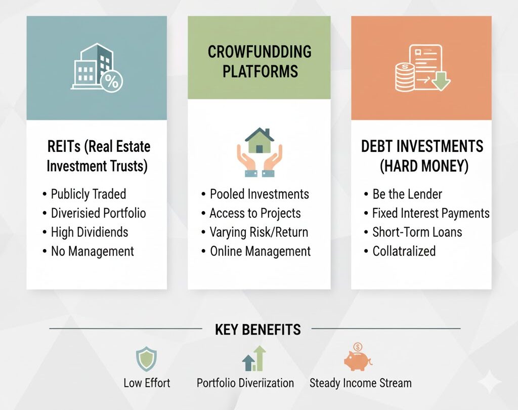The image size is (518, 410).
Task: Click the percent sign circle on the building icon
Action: click(111, 81)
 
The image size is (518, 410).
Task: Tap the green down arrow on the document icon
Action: click(441, 81)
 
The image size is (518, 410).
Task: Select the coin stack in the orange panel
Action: click(405, 78)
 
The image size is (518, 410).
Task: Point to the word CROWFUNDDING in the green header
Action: click(260, 52)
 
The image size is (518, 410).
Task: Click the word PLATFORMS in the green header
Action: click(260, 71)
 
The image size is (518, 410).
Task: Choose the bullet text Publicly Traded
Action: click(88, 194)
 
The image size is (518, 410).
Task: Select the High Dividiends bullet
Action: click(89, 232)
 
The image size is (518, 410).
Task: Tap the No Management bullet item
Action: click(92, 251)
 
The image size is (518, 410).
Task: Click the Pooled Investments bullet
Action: click(260, 194)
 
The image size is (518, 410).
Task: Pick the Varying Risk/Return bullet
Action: click(258, 232)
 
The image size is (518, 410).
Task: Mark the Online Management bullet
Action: click(261, 251)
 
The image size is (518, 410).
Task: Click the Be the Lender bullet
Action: click(407, 194)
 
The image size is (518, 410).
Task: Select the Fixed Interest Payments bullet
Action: click(431, 213)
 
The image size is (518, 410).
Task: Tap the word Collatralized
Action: click(404, 251)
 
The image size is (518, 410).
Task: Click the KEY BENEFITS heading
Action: click(257, 330)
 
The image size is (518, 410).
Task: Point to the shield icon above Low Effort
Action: click(146, 359)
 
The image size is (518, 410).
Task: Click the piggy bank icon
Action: click(358, 357)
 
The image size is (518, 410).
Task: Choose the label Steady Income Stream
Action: click(360, 383)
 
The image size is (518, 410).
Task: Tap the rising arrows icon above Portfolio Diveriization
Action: click(254, 358)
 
